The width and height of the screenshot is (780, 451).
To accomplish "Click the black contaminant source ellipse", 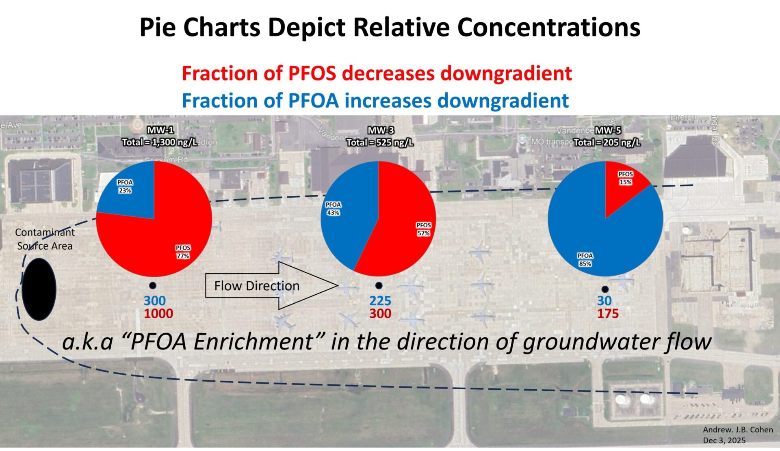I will [39, 289].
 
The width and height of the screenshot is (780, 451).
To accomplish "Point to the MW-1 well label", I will [160, 130].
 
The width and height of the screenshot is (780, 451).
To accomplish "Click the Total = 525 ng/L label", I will [380, 142].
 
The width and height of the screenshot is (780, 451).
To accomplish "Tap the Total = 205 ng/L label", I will [607, 142].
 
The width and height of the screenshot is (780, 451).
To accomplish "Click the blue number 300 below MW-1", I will [155, 301].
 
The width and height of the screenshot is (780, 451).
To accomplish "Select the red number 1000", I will [158, 313].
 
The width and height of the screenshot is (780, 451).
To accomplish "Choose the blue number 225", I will [380, 301].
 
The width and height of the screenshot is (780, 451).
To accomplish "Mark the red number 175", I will [608, 313].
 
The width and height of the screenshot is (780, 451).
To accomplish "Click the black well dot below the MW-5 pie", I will [605, 289].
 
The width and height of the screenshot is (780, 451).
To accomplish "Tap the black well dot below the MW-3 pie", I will [379, 285].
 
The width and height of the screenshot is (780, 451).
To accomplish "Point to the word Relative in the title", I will [402, 28].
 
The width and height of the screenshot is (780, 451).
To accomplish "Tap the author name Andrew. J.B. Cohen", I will [738, 429].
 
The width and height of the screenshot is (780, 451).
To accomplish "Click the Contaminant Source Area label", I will [45, 239].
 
